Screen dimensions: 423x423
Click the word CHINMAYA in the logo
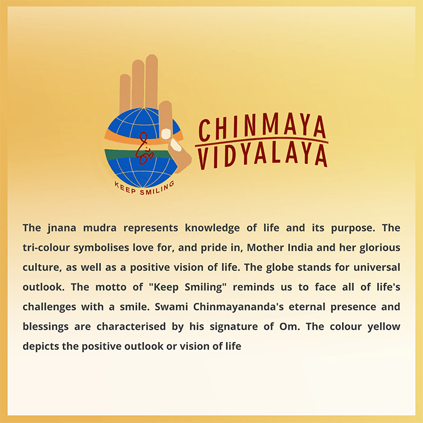[262, 128]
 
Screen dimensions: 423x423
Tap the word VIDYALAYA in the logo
[262, 156]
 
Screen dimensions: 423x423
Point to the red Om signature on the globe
[145, 149]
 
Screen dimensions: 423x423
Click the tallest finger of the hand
[152, 81]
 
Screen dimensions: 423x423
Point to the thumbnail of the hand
[176, 145]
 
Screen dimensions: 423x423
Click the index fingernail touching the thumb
[166, 134]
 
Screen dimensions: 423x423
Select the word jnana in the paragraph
[62, 228]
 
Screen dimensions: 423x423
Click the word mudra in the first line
[100, 228]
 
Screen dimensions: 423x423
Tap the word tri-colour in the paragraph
[46, 248]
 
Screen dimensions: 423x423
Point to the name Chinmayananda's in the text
[238, 307]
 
